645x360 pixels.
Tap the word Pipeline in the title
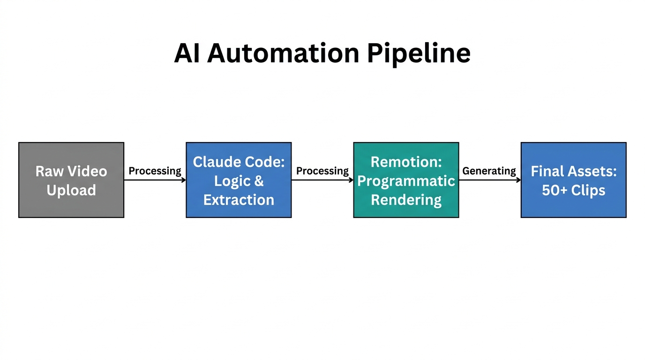click(419, 54)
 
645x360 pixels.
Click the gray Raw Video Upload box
click(71, 180)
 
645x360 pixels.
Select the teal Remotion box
click(406, 180)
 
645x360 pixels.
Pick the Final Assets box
click(573, 180)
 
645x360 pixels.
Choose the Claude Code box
click(239, 180)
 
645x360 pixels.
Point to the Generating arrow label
click(489, 171)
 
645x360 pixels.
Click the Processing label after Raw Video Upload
click(155, 171)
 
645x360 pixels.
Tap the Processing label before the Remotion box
click(322, 171)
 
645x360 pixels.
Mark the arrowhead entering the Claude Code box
click(183, 180)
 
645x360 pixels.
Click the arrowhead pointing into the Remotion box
click(351, 180)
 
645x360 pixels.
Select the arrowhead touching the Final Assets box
click(518, 180)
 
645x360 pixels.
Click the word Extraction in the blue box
click(239, 200)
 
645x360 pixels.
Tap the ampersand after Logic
click(259, 181)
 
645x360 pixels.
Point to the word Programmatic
click(406, 181)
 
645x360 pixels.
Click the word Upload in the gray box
click(71, 190)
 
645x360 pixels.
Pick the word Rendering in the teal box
click(406, 200)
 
